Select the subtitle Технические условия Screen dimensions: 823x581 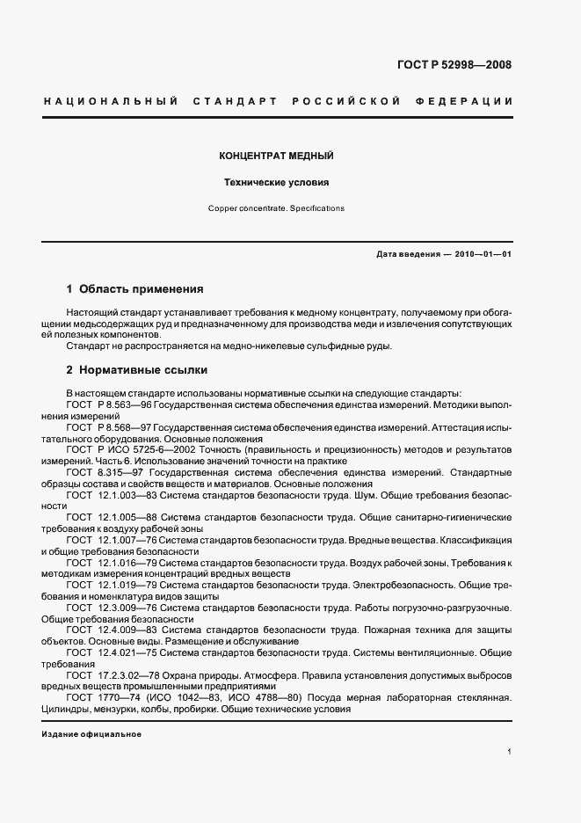point(275,184)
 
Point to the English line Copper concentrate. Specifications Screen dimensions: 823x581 point(276,209)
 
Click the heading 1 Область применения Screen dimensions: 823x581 point(135,288)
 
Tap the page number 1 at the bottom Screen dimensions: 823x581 point(509,752)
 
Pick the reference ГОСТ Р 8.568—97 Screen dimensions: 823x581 point(97,426)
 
